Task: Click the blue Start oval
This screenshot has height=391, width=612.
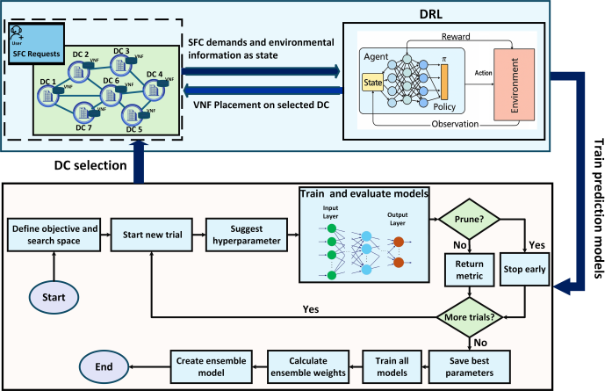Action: coord(52,296)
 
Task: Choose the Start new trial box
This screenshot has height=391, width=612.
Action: coord(152,234)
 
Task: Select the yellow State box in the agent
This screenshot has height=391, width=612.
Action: coord(372,84)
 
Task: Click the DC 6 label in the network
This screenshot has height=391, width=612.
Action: coord(111,81)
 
